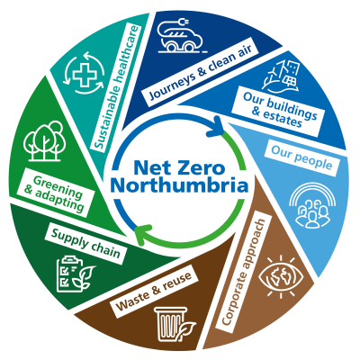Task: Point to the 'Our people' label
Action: click(x=301, y=157)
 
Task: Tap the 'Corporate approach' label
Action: click(x=243, y=273)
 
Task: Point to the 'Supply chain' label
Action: click(x=85, y=243)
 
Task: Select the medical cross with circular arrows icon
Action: click(x=85, y=73)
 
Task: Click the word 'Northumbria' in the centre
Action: click(x=179, y=186)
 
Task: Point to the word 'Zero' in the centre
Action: click(x=205, y=167)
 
